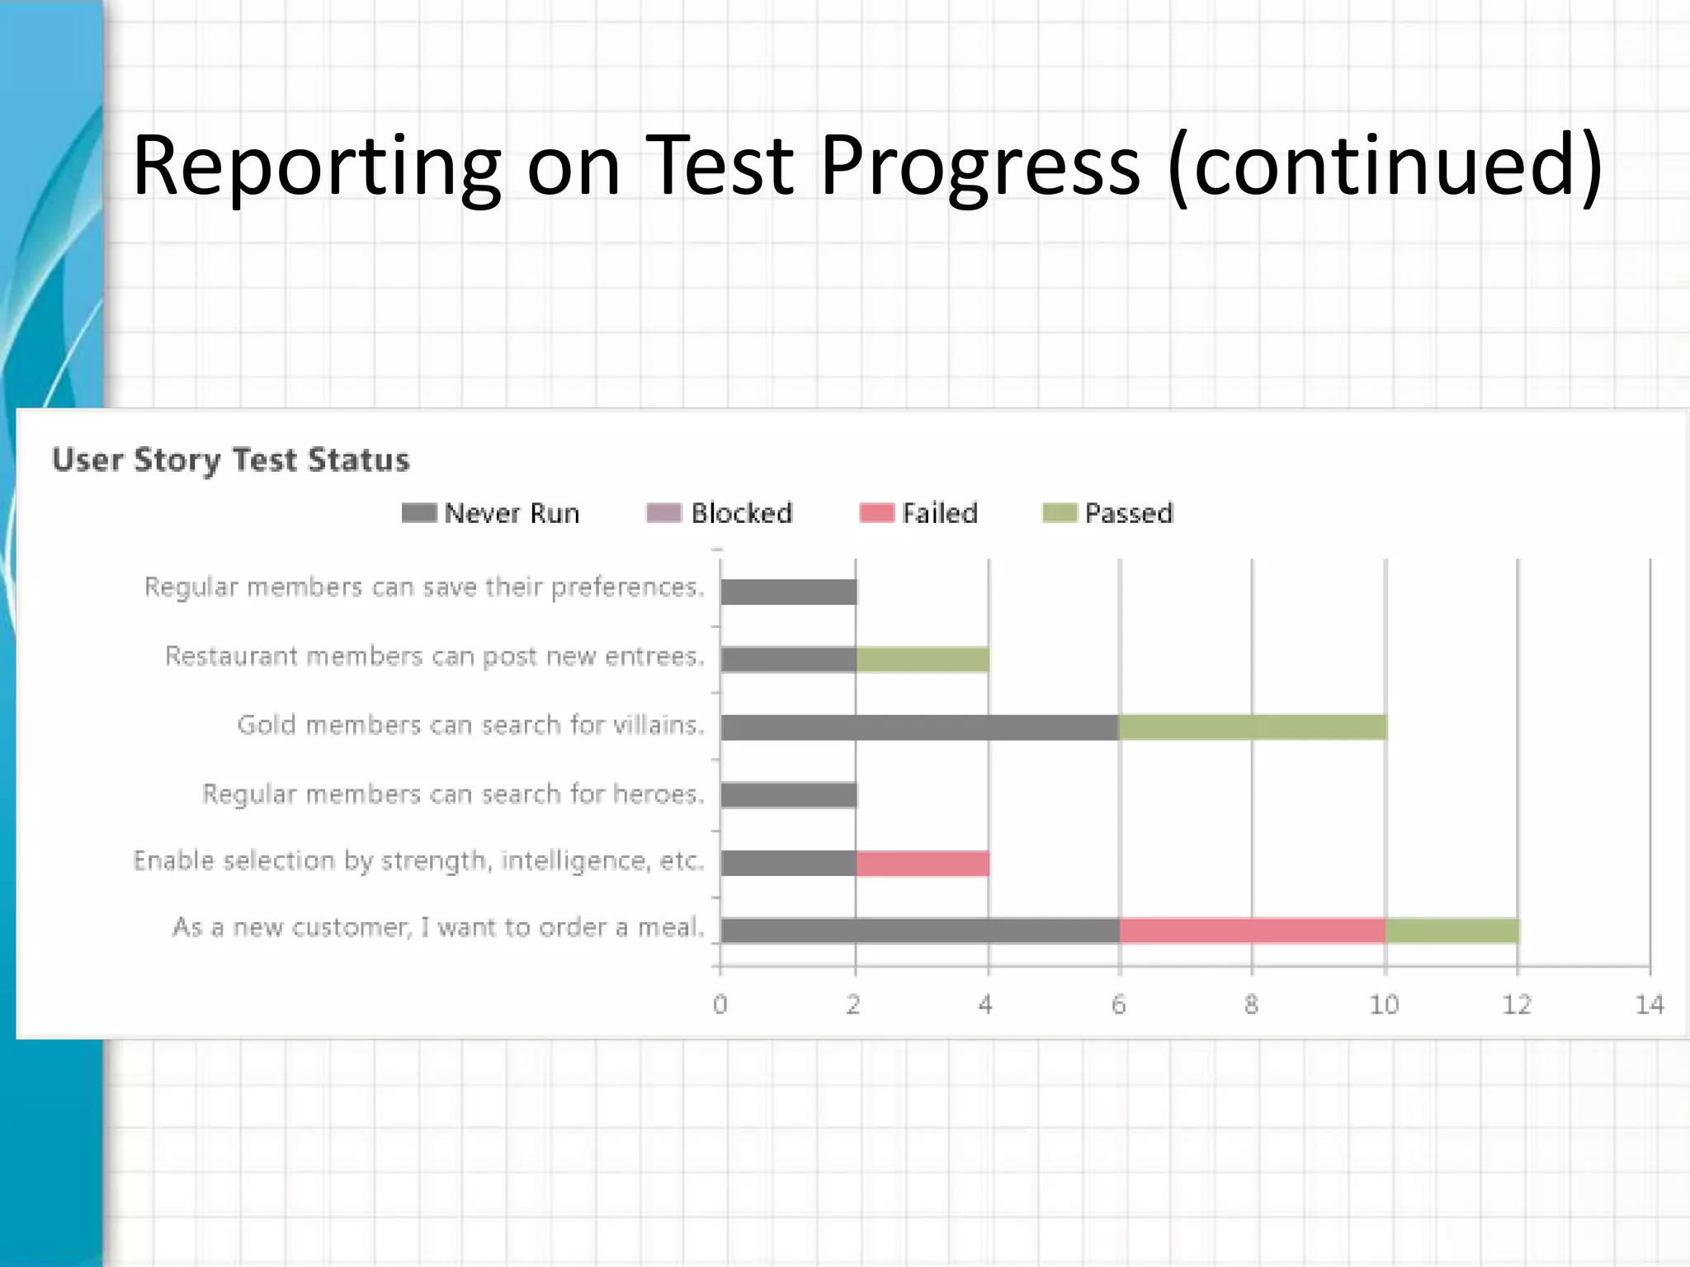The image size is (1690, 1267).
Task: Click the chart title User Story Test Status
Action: pos(230,459)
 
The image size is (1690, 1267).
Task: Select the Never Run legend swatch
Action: pos(419,513)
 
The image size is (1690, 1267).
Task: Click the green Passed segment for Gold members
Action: pos(1253,727)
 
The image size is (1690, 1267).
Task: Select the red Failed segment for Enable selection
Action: pos(923,863)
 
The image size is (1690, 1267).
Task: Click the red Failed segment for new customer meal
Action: pos(1253,930)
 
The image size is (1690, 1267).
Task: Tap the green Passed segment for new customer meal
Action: pos(1452,930)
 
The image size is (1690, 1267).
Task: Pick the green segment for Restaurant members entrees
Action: pos(923,659)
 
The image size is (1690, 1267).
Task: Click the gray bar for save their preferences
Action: pos(789,591)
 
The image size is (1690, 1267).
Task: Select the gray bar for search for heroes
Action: pos(789,795)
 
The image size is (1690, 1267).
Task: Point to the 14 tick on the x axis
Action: pos(1650,1004)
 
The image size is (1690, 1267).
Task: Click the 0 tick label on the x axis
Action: pos(720,1004)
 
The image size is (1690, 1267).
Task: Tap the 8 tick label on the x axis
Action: pos(1251,1004)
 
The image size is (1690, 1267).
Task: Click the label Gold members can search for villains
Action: pos(470,725)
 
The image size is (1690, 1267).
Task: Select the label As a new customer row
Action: pos(438,927)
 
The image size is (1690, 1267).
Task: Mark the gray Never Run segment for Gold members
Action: pos(919,727)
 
